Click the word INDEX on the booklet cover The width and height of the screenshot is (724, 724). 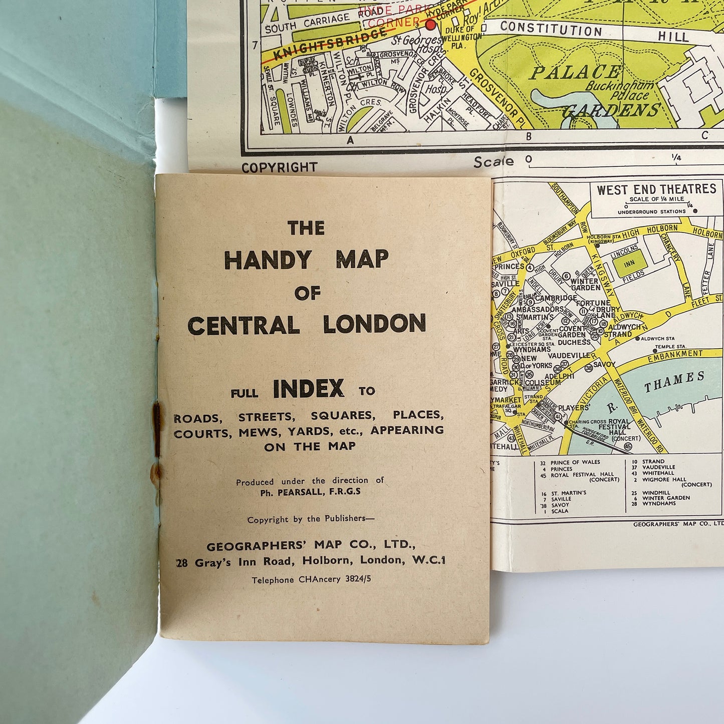(x=309, y=389)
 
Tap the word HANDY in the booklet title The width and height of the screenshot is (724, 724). (x=268, y=260)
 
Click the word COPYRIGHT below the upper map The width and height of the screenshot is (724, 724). (x=280, y=167)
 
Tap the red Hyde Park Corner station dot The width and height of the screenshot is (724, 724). (x=430, y=24)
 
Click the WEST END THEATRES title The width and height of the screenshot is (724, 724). (x=656, y=189)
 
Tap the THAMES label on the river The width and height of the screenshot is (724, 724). (x=674, y=382)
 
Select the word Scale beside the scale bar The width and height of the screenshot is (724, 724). (x=494, y=162)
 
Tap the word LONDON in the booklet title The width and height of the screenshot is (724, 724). (x=374, y=325)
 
